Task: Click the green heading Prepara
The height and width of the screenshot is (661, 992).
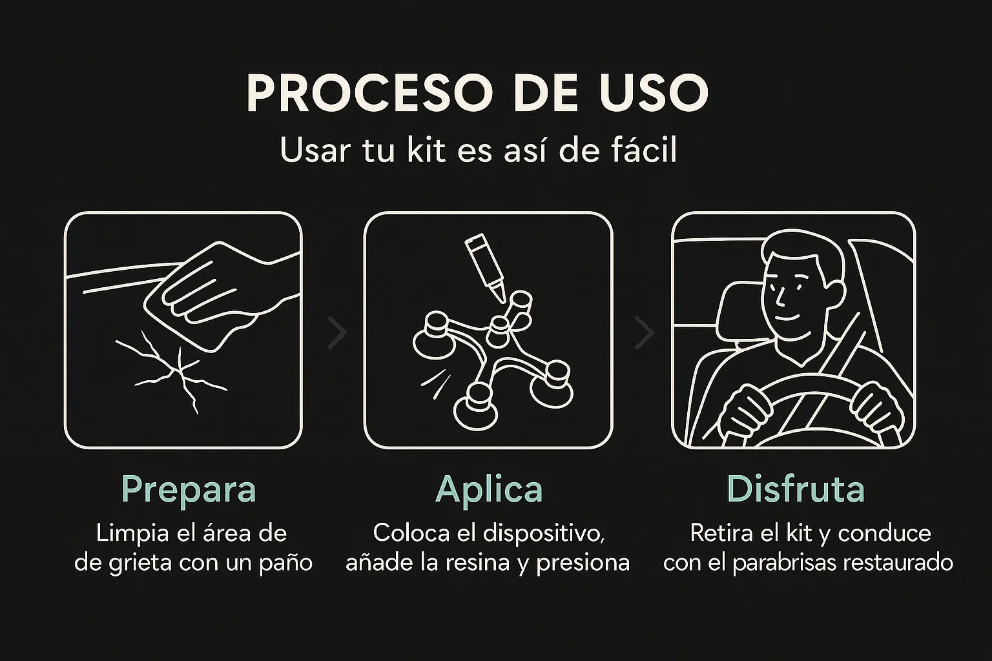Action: [189, 491]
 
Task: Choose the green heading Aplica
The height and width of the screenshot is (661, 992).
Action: [489, 491]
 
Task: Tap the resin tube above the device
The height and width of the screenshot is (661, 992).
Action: [486, 267]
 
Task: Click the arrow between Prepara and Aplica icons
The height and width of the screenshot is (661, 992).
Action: [337, 332]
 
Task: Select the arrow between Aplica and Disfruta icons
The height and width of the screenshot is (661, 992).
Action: [645, 332]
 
